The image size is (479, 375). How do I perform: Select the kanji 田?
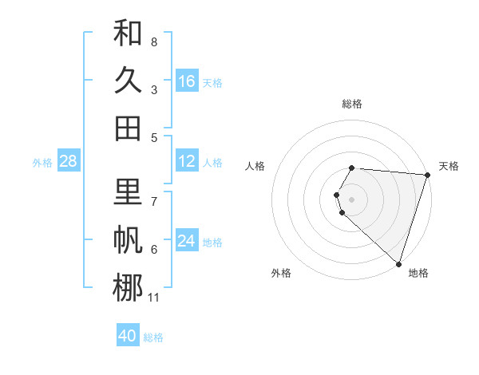coord(128,128)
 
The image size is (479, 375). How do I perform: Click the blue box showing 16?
coord(187,81)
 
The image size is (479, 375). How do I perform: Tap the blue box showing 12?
coord(187,161)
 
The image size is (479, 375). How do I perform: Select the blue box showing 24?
coord(187,241)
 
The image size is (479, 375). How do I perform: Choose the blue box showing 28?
coord(69,161)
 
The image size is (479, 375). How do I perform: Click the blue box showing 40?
coord(128,336)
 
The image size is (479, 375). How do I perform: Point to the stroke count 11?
coord(153,298)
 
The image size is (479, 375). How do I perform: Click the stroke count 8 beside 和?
coord(153,41)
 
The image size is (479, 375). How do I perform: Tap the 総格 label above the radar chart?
coord(352,104)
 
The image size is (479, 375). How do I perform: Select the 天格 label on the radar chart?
coord(449,166)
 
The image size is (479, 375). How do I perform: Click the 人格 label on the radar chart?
coord(255,166)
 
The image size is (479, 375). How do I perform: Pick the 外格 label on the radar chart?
coord(281,273)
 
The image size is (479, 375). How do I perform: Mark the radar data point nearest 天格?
coord(427,175)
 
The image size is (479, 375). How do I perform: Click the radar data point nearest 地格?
coord(399,263)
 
